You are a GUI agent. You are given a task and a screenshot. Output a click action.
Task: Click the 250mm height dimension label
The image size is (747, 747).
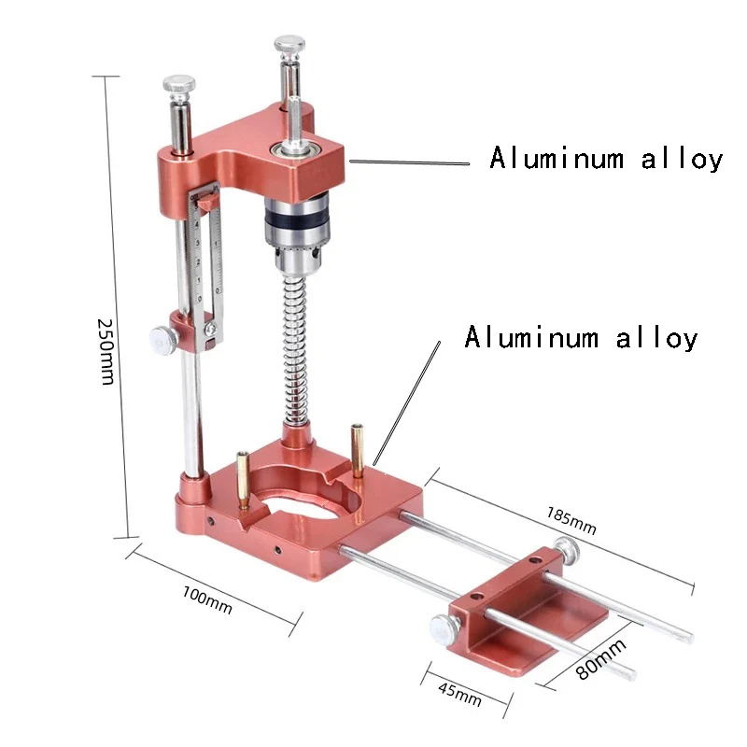106,352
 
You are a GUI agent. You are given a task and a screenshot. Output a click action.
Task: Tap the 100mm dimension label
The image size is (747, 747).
207,600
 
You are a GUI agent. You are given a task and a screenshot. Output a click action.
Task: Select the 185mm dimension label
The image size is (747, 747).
571,520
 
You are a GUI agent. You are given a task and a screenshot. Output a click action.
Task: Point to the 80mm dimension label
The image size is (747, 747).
600,659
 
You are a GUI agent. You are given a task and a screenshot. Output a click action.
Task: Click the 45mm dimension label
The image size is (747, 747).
459,695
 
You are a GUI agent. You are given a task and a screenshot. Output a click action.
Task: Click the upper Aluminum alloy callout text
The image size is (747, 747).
606,159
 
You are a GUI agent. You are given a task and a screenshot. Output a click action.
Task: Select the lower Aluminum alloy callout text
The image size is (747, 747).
581,337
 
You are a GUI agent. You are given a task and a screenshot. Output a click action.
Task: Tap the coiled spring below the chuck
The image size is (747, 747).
296,350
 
